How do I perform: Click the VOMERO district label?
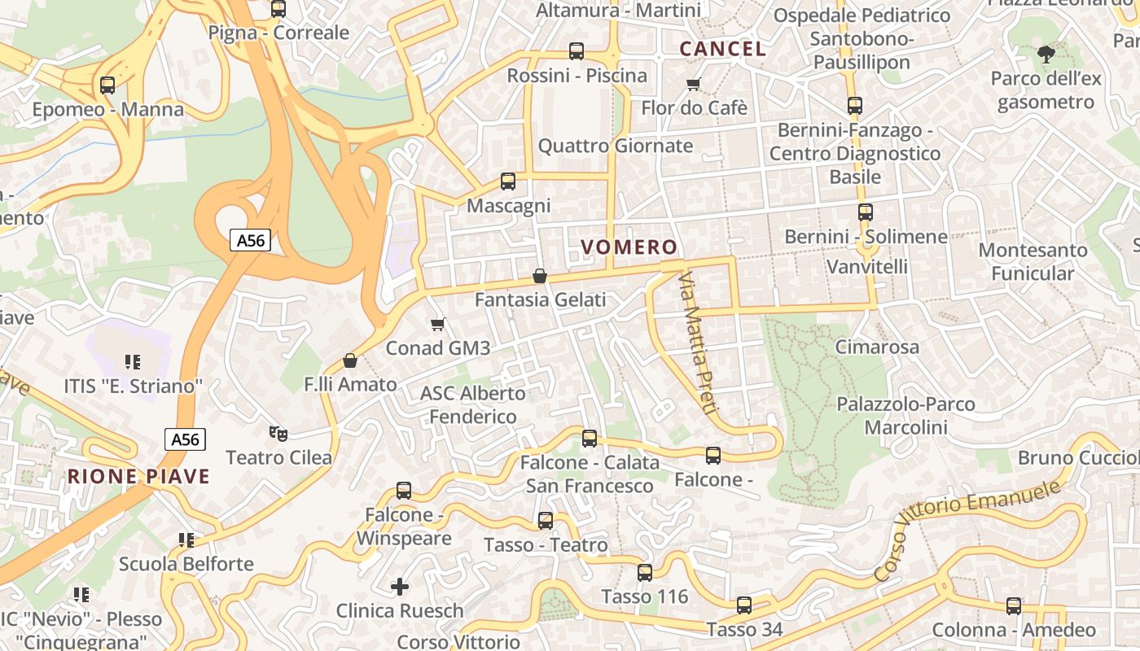[629, 247]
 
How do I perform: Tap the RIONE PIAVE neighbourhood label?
[138, 477]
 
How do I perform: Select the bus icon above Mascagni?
[508, 181]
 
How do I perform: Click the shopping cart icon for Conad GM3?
[438, 325]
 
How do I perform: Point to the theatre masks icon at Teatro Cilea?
[278, 434]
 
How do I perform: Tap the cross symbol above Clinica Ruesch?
[400, 586]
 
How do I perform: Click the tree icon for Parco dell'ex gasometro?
[1046, 55]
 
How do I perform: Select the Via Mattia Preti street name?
[697, 343]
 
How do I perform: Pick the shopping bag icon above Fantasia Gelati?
[539, 277]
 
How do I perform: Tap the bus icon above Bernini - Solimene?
[865, 212]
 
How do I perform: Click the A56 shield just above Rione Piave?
[185, 440]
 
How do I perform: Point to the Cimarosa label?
[877, 347]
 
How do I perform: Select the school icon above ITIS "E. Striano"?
[132, 361]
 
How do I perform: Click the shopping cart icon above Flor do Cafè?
[694, 84]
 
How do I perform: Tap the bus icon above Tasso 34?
[744, 605]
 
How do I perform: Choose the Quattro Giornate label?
[616, 146]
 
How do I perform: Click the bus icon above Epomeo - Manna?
[107, 85]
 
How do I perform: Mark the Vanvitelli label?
[867, 267]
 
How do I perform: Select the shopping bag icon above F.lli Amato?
[350, 360]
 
